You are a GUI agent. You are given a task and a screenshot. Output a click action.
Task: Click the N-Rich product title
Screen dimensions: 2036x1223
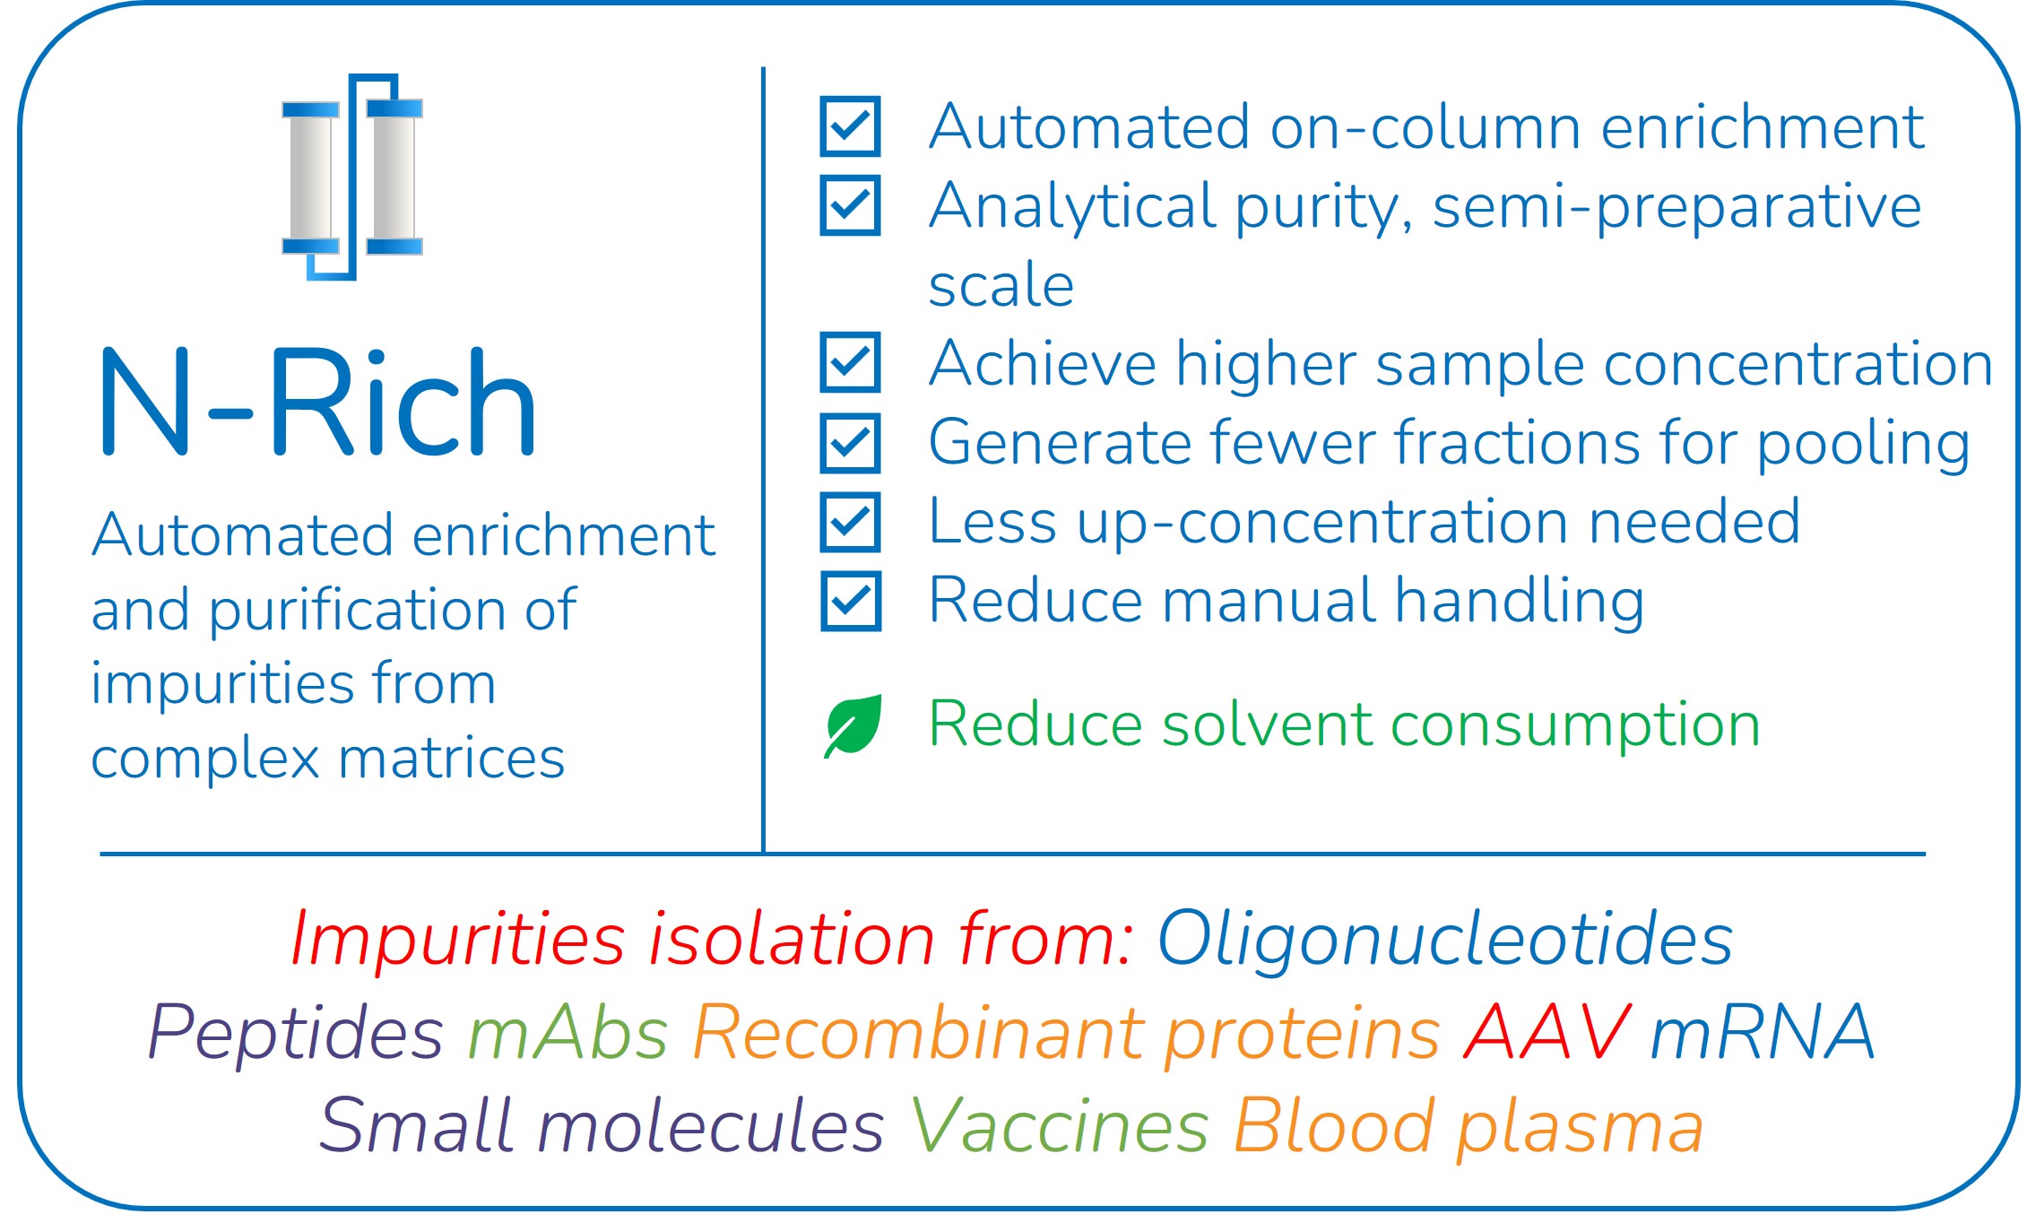pyautogui.click(x=318, y=403)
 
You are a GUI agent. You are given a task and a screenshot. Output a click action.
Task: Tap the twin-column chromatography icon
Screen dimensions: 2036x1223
pyautogui.click(x=352, y=177)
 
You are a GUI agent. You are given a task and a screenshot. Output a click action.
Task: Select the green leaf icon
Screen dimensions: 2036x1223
pyautogui.click(x=853, y=725)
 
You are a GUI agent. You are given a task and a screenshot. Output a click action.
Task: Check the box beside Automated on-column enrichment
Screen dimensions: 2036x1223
pyautogui.click(x=850, y=126)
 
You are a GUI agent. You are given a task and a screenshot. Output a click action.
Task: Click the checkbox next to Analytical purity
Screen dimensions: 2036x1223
pyautogui.click(x=850, y=205)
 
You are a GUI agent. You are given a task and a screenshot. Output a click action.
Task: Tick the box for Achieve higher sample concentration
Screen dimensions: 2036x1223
pyautogui.click(x=850, y=363)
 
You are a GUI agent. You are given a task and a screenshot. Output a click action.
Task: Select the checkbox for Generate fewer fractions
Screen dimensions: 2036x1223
pyautogui.click(x=850, y=443)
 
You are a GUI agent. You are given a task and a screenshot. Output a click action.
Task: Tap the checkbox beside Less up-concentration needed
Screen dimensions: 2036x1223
pyautogui.click(x=850, y=522)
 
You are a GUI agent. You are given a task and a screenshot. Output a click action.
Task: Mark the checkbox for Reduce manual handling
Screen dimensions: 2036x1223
pyautogui.click(x=850, y=601)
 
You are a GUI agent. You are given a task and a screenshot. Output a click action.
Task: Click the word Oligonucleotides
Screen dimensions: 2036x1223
pyautogui.click(x=1445, y=940)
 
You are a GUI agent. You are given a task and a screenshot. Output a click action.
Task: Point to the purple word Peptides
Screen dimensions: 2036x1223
pyautogui.click(x=296, y=1033)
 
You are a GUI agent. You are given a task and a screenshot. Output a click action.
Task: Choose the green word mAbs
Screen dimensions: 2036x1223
pyautogui.click(x=568, y=1033)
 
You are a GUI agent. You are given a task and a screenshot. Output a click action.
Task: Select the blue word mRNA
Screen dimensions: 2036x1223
pyautogui.click(x=1763, y=1031)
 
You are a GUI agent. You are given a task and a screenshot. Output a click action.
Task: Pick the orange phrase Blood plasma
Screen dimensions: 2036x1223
pyautogui.click(x=1469, y=1128)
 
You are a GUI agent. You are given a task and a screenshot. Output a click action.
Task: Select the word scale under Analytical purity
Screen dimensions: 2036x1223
pyautogui.click(x=1001, y=285)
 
